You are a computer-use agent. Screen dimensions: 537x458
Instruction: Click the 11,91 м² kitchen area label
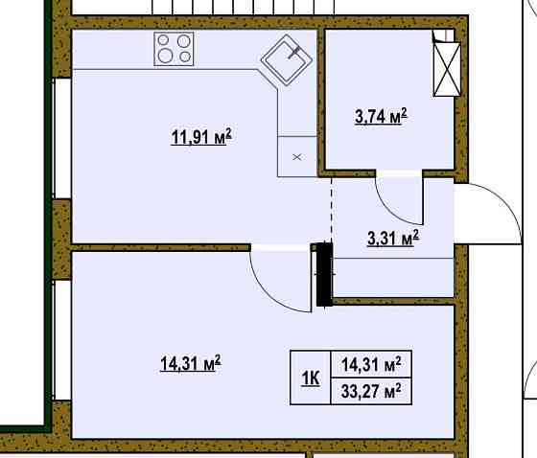pos(201,137)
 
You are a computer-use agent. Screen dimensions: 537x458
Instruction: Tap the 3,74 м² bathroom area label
pos(382,116)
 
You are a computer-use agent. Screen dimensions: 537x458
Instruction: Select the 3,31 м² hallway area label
pos(393,238)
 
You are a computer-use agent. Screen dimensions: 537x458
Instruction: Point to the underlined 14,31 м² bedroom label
pos(191,363)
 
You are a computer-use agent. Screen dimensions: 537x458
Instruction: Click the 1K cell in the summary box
pos(311,378)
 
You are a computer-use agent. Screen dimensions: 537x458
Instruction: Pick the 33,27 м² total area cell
pos(371,391)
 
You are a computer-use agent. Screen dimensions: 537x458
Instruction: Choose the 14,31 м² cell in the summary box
pos(371,364)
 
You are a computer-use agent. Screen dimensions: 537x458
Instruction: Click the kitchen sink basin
pos(287,60)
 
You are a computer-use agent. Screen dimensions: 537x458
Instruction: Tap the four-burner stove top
pos(174,49)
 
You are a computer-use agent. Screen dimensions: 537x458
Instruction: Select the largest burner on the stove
pos(165,56)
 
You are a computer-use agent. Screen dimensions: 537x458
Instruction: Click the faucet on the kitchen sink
pos(293,53)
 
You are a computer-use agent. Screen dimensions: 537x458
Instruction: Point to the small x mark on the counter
pos(297,157)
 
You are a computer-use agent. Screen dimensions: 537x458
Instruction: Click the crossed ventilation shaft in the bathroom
pos(447,70)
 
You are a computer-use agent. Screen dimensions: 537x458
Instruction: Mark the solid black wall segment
pos(324,274)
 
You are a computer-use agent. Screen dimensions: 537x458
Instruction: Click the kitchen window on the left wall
pos(62,138)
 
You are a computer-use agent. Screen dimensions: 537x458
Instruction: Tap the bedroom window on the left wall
pos(62,340)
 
